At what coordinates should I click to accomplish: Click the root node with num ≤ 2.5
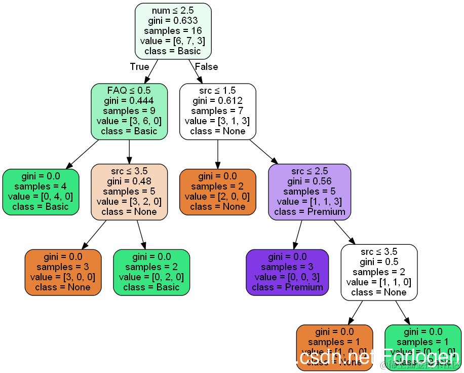click(x=173, y=30)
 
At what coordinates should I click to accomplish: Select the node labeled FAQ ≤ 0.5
click(x=129, y=111)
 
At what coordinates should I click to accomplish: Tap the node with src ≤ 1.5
click(x=218, y=111)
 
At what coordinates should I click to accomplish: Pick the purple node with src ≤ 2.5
click(x=310, y=192)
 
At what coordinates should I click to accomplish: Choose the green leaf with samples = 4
click(x=41, y=192)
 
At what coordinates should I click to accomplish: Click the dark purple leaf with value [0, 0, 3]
click(x=287, y=272)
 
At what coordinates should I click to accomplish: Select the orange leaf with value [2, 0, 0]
click(x=218, y=192)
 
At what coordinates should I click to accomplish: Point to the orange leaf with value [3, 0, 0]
click(x=63, y=272)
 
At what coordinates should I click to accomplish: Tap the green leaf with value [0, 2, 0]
click(x=151, y=272)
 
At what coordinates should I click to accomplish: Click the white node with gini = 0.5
click(x=379, y=272)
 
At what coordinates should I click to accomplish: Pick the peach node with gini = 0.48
click(x=129, y=192)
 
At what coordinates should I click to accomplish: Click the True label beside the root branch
click(x=139, y=67)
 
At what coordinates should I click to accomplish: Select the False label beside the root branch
click(x=206, y=67)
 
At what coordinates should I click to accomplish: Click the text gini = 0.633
click(x=173, y=20)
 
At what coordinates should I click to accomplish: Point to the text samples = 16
click(x=173, y=30)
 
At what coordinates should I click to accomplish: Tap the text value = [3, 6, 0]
click(x=129, y=121)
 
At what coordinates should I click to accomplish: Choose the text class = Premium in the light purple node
click(x=310, y=211)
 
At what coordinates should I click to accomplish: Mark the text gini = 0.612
click(x=218, y=101)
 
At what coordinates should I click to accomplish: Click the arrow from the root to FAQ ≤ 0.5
click(x=151, y=71)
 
